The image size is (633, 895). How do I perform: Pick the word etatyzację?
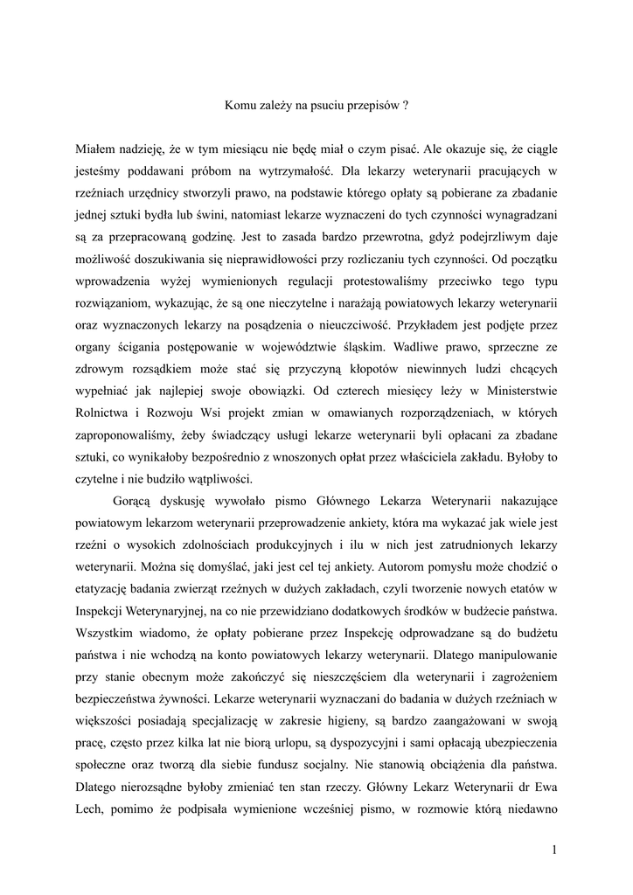click(105, 586)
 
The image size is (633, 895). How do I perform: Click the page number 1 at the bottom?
click(554, 849)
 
